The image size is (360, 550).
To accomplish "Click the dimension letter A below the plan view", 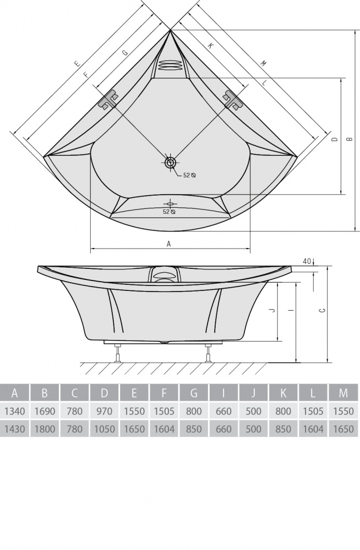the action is click(168, 244).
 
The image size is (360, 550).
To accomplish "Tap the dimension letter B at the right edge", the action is click(349, 139).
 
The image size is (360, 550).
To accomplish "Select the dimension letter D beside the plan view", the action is click(335, 139).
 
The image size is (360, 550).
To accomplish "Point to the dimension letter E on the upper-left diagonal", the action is click(77, 64).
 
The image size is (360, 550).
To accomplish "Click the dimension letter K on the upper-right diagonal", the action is click(211, 45).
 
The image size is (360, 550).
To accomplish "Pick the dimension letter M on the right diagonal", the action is click(264, 63).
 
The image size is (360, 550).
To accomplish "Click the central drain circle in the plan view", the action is click(171, 162).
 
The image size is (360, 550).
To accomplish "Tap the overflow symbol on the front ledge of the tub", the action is click(170, 204).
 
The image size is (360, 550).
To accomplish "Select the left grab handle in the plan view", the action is click(108, 100).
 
